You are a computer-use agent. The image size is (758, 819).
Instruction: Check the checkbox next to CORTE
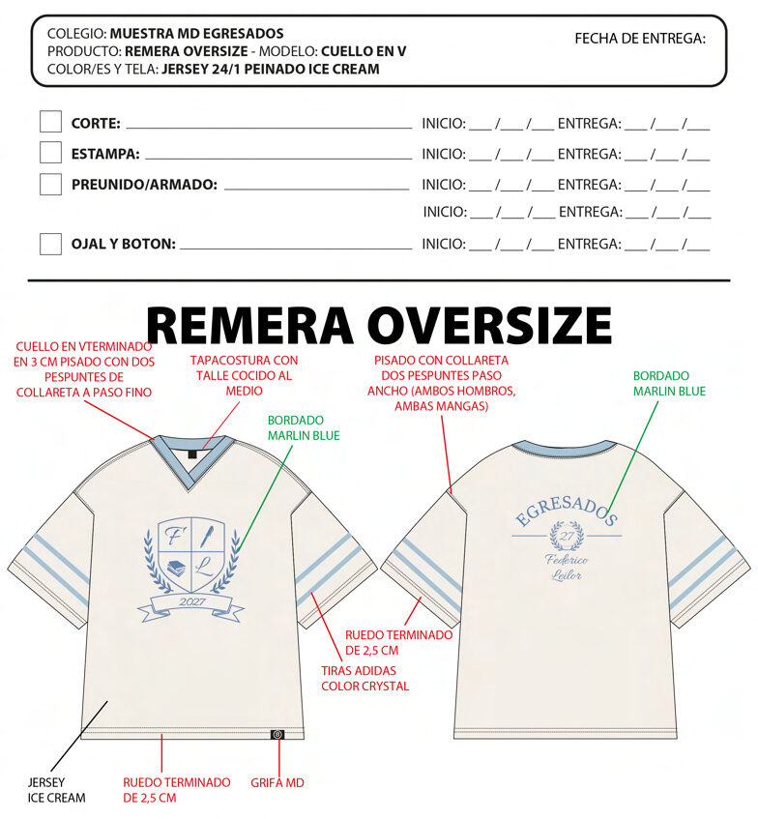pyautogui.click(x=50, y=122)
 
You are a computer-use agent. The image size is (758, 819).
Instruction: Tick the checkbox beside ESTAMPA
pyautogui.click(x=50, y=153)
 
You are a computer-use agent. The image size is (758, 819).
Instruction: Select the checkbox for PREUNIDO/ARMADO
pyautogui.click(x=50, y=184)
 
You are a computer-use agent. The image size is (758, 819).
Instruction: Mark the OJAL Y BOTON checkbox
pyautogui.click(x=50, y=244)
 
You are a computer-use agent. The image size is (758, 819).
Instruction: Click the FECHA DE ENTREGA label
pyautogui.click(x=640, y=39)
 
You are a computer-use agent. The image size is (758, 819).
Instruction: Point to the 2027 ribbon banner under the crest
pyautogui.click(x=192, y=603)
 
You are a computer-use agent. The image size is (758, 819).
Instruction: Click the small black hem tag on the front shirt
pyautogui.click(x=277, y=734)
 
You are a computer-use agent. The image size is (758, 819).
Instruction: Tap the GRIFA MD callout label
pyautogui.click(x=277, y=782)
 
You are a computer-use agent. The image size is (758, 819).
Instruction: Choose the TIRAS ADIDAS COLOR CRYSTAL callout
pyautogui.click(x=364, y=678)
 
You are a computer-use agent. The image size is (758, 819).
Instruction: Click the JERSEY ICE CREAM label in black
pyautogui.click(x=56, y=790)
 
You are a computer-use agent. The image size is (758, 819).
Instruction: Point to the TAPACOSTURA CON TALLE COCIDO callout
pyautogui.click(x=244, y=375)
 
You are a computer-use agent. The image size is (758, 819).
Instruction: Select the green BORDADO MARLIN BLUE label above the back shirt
pyautogui.click(x=669, y=383)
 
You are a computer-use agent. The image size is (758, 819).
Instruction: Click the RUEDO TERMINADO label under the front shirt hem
pyautogui.click(x=176, y=789)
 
